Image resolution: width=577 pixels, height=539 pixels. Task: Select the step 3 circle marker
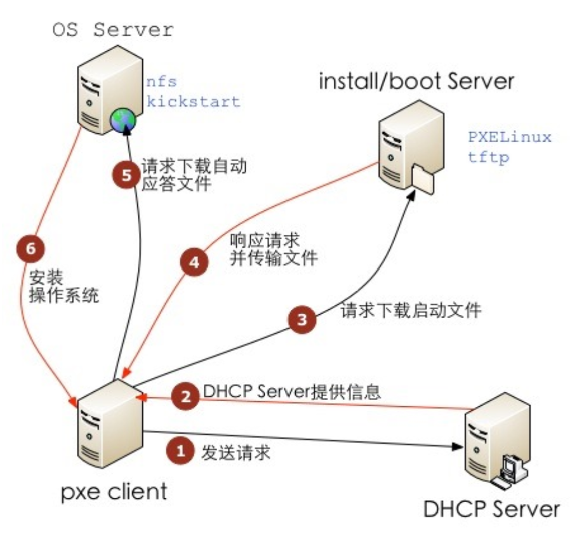tap(303, 319)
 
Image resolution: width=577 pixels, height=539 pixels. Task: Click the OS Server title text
tap(113, 29)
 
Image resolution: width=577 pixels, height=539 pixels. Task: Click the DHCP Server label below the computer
tap(491, 509)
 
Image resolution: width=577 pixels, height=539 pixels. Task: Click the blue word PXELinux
tap(509, 137)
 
